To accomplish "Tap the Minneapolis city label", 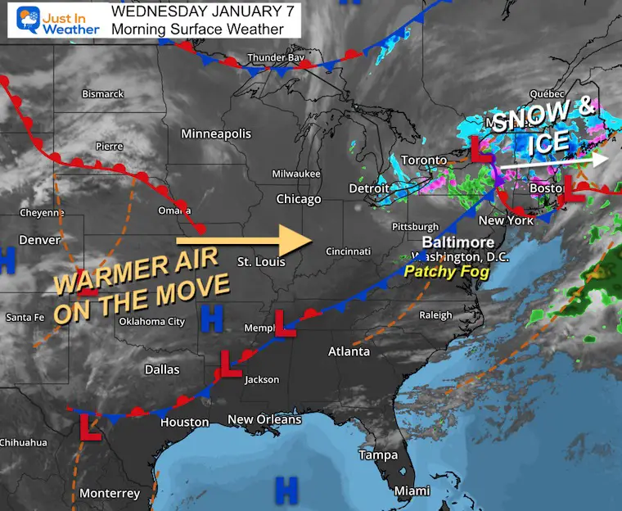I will pyautogui.click(x=216, y=133).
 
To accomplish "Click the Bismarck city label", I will pyautogui.click(x=102, y=94).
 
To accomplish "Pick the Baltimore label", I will pyautogui.click(x=457, y=243).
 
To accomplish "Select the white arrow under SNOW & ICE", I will pyautogui.click(x=553, y=161).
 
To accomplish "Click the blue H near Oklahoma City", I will pyautogui.click(x=213, y=319).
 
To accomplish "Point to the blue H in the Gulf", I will pyautogui.click(x=286, y=490).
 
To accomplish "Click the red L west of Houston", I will pyautogui.click(x=89, y=427).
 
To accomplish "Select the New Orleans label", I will pyautogui.click(x=264, y=419).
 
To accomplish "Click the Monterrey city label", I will pyautogui.click(x=110, y=493).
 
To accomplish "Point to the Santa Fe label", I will pyautogui.click(x=25, y=317).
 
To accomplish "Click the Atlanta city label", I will pyautogui.click(x=349, y=351).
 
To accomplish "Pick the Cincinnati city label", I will pyautogui.click(x=348, y=251).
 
